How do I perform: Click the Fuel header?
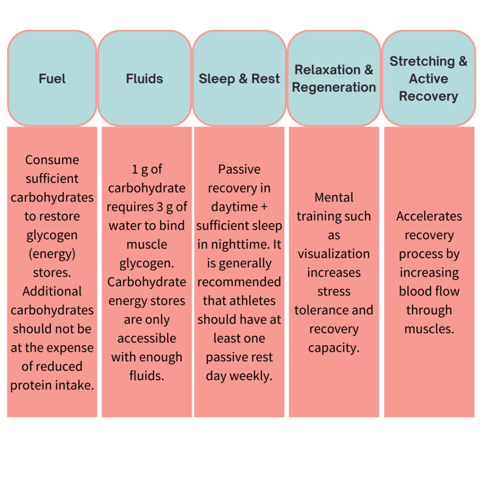tap(52, 78)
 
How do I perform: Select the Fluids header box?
tap(144, 78)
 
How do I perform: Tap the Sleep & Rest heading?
tap(239, 78)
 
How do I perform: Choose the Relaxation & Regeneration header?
tap(334, 78)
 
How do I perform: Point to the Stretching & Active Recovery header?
tap(428, 78)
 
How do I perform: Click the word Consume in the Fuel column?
tap(52, 160)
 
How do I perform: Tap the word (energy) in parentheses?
tap(52, 254)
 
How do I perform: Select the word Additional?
tap(52, 291)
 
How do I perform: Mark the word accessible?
tap(147, 339)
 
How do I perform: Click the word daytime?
tap(234, 207)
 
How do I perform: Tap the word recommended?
tap(239, 282)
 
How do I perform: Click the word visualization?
tap(333, 254)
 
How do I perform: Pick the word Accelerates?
tap(429, 216)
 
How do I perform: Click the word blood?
tap(412, 291)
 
